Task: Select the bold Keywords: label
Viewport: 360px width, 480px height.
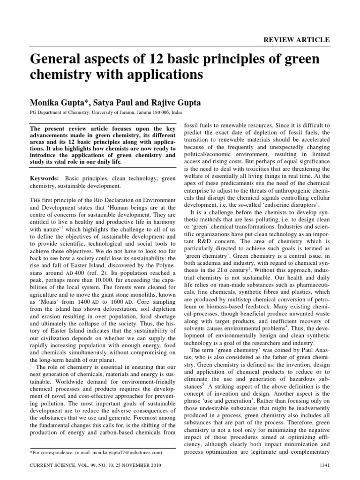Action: pyautogui.click(x=45, y=179)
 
